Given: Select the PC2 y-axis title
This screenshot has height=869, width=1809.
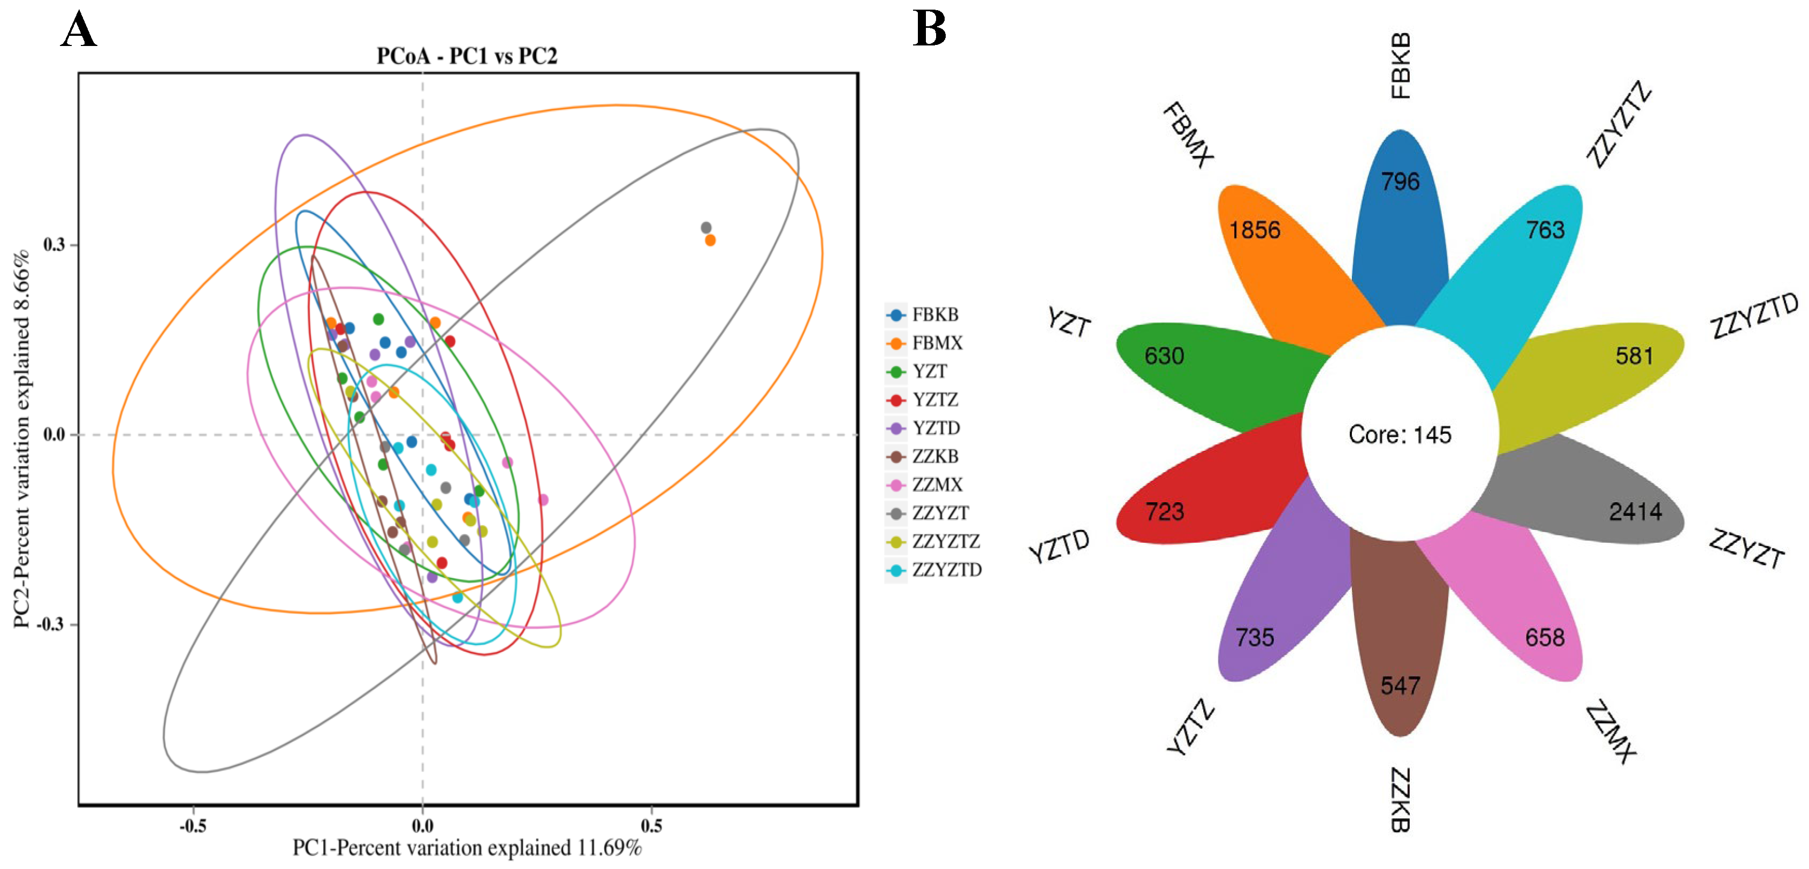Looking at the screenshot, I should click(22, 438).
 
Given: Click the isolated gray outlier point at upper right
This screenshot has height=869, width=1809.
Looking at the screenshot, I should click(706, 227).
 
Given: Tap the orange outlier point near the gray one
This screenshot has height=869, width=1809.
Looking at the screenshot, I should click(710, 241).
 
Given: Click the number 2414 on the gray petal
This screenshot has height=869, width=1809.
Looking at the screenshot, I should click(1635, 511).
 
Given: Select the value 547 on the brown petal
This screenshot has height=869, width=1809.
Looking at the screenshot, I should click(1400, 685).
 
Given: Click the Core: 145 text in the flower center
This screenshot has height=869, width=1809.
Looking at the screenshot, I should click(1400, 434).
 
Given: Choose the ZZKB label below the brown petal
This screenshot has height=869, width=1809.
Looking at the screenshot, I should click(1400, 799).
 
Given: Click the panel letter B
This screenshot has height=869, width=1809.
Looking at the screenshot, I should click(929, 29).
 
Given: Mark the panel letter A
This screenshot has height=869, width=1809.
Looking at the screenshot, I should click(78, 31).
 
